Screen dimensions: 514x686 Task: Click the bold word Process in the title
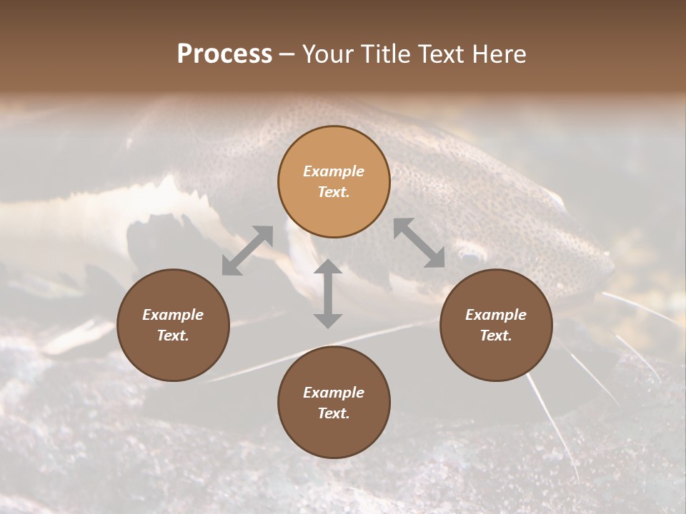(x=224, y=54)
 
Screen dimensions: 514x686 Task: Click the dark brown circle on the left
(x=173, y=325)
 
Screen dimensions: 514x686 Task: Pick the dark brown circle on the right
(x=496, y=325)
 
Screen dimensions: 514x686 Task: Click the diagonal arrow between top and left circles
(x=247, y=250)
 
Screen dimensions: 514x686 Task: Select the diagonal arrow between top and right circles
(x=419, y=243)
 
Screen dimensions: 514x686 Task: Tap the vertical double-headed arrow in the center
(x=328, y=293)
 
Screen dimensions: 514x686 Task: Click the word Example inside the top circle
(x=334, y=171)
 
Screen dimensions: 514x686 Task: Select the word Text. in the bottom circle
(x=334, y=413)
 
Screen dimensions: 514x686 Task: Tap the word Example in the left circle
(x=173, y=315)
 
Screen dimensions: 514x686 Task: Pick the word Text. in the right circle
(x=496, y=336)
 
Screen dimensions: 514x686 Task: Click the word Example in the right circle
(x=496, y=315)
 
